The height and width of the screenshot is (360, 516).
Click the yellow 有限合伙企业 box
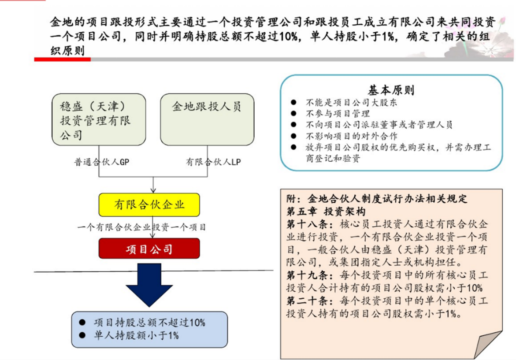click(x=149, y=205)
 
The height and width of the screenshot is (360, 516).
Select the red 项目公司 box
click(x=149, y=249)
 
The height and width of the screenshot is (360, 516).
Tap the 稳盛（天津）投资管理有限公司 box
click(x=99, y=119)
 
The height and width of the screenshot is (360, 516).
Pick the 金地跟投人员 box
click(x=207, y=119)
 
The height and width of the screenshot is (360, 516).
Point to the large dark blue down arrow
click(x=149, y=285)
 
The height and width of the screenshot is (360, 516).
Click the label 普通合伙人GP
click(x=102, y=162)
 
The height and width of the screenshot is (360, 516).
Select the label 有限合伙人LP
click(x=213, y=162)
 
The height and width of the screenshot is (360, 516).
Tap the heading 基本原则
click(x=390, y=90)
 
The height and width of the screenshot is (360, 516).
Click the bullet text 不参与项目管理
click(x=338, y=114)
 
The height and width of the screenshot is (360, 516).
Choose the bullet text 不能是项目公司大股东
click(x=352, y=103)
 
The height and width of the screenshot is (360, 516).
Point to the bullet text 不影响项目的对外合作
click(x=352, y=136)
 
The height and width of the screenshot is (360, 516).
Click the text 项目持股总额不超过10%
click(x=149, y=323)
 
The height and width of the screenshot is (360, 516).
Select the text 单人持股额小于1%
click(x=136, y=336)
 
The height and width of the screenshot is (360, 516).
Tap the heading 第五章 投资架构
click(x=326, y=211)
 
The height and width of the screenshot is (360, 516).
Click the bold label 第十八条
click(x=307, y=224)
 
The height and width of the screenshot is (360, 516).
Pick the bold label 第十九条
click(x=307, y=275)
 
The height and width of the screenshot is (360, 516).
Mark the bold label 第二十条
click(x=307, y=301)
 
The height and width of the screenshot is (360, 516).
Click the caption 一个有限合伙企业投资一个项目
click(x=142, y=227)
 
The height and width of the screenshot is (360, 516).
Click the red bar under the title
click(x=62, y=59)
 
